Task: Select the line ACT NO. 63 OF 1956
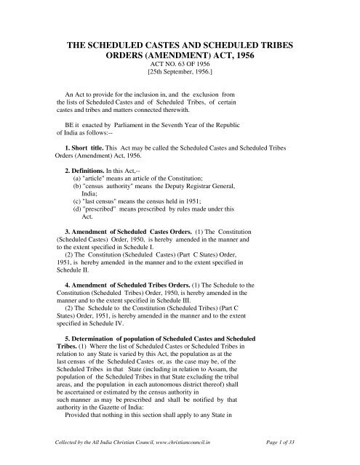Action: click(x=180, y=73)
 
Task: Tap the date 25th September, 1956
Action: click(x=180, y=81)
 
